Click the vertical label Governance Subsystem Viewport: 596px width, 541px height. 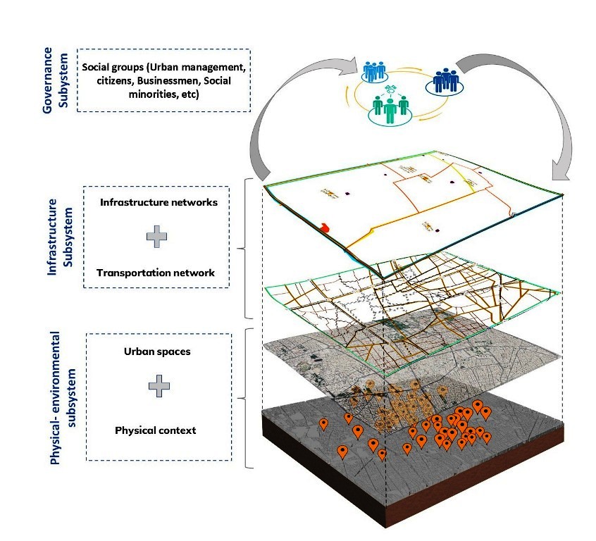[x=55, y=80]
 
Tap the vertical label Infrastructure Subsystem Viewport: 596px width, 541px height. [x=60, y=237]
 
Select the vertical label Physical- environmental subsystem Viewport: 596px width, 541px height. [x=63, y=398]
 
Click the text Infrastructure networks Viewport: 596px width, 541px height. [x=159, y=202]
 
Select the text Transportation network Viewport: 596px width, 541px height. [x=156, y=273]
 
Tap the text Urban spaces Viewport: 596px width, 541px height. [x=157, y=352]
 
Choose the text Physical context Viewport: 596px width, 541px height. [x=156, y=430]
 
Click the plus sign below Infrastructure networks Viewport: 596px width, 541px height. [x=156, y=237]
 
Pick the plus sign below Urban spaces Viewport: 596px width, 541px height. [x=159, y=386]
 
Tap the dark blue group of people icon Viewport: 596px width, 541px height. [x=445, y=81]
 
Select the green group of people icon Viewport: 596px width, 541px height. [x=390, y=109]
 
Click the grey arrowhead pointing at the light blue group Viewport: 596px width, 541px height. [x=348, y=67]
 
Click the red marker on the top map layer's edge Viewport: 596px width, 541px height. [x=325, y=228]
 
